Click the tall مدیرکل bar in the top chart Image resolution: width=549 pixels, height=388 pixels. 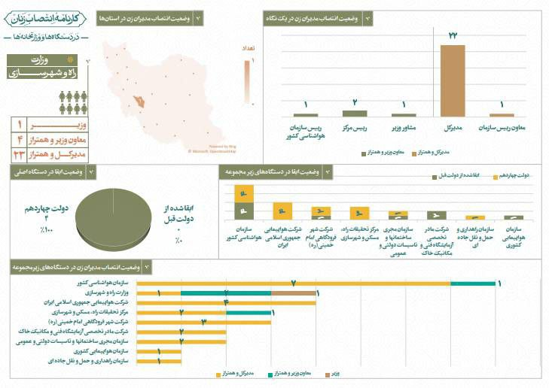coord(453,80)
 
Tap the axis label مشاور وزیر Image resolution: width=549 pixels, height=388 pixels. coord(404,127)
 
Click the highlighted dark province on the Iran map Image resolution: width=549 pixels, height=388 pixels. coord(138,99)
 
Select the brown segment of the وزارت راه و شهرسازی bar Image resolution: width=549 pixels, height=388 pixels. coord(294,293)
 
